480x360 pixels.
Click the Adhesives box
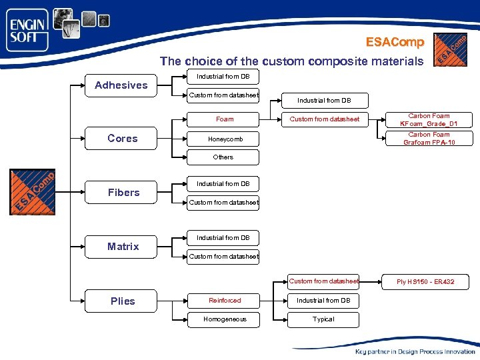(x=121, y=85)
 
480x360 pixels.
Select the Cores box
(x=123, y=139)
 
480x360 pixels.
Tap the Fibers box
(x=124, y=193)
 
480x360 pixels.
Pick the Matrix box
(x=123, y=247)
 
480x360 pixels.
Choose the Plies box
(x=123, y=301)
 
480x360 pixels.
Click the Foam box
(x=225, y=119)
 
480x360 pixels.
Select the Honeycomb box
(x=225, y=139)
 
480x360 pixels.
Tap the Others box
(x=223, y=157)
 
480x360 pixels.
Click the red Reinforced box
(x=225, y=301)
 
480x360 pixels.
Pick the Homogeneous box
(x=225, y=319)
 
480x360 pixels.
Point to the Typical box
(x=323, y=319)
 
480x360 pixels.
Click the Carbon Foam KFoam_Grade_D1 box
(x=429, y=120)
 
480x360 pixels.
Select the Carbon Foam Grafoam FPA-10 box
(x=429, y=139)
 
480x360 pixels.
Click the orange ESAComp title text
(x=395, y=42)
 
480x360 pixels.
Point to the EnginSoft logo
(x=28, y=30)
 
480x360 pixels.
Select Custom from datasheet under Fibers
(x=224, y=202)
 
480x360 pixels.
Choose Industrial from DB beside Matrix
(x=223, y=238)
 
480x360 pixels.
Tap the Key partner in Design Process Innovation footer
(x=415, y=351)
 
